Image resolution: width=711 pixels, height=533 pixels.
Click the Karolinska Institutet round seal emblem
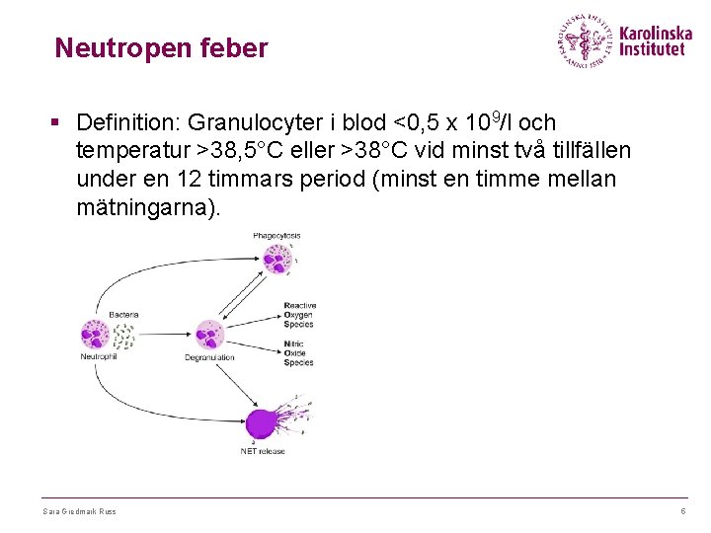(x=585, y=40)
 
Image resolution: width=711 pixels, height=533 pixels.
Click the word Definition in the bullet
(x=124, y=122)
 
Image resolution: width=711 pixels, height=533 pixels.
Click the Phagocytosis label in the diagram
(x=276, y=236)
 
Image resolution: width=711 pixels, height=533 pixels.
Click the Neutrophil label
(x=98, y=356)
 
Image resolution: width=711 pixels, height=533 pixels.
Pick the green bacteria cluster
(x=123, y=336)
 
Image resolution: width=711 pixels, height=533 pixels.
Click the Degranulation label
(x=209, y=357)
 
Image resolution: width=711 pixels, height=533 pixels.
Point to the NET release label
(x=263, y=451)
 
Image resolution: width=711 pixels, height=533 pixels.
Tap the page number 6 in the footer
(x=682, y=511)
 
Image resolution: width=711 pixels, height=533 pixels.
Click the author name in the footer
(x=79, y=511)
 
